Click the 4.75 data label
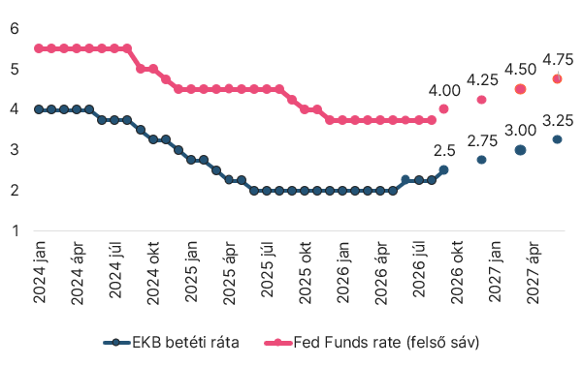point(558,59)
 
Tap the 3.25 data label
point(558,121)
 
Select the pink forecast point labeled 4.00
point(443,108)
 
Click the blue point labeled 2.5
point(443,169)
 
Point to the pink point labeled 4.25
point(481,100)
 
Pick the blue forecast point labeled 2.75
point(481,160)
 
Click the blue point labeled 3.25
point(557,139)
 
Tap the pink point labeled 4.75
point(557,78)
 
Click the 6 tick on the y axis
point(15,28)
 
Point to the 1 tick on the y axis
point(16,230)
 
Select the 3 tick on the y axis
point(15,150)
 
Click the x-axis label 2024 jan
point(40,272)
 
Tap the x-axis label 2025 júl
point(267,269)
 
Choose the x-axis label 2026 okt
point(457,272)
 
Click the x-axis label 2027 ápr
point(533,272)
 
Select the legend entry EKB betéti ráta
point(171,342)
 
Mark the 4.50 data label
point(520,70)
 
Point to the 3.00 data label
point(520,131)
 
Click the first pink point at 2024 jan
point(39,48)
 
